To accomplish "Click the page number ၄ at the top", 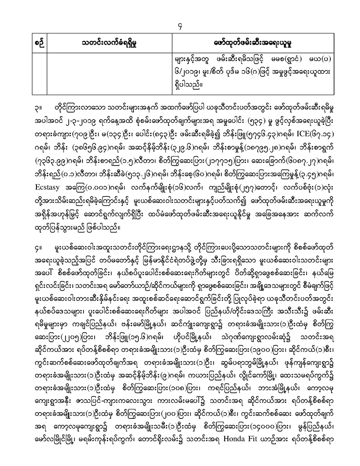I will (x=180, y=20).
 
